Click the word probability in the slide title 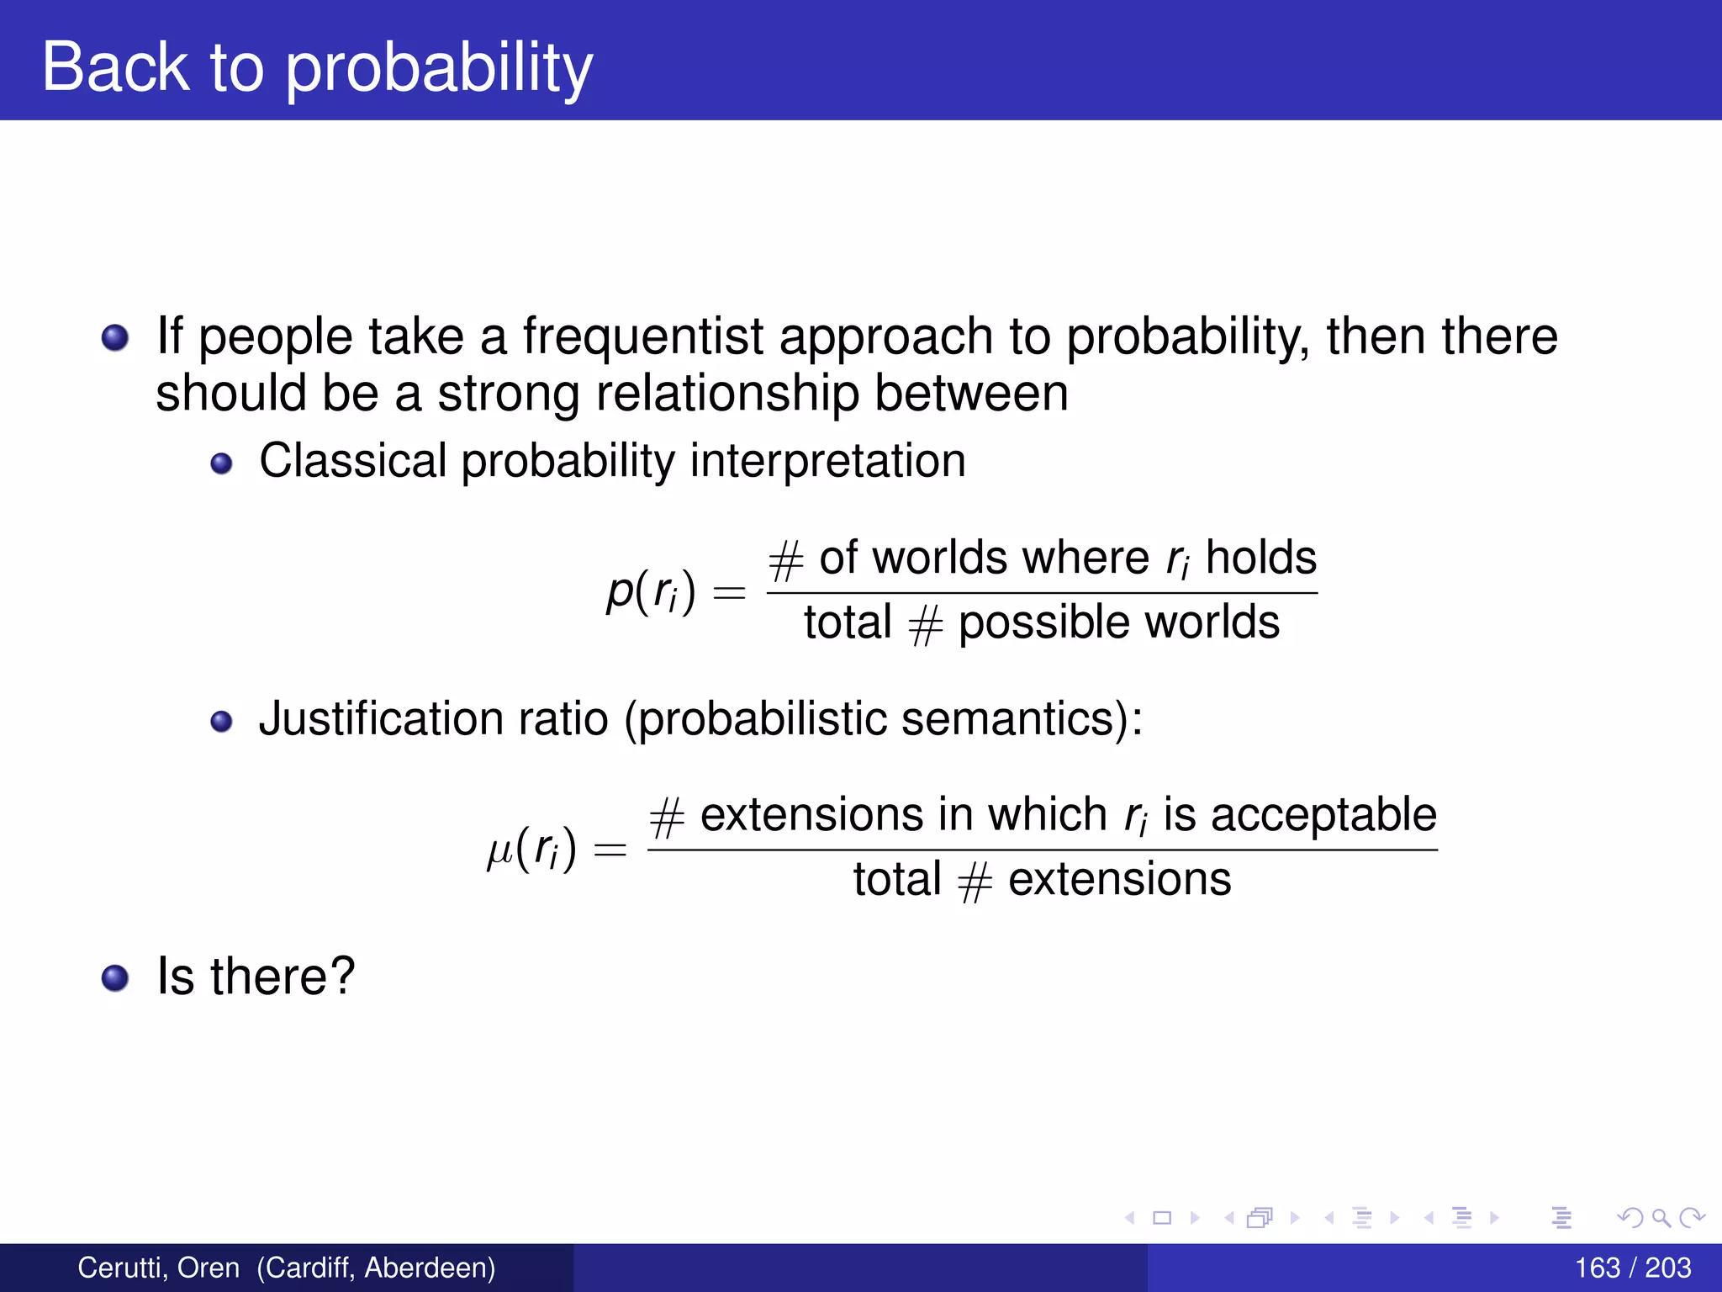tap(439, 69)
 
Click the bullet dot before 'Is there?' tap(115, 977)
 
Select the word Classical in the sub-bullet tap(352, 461)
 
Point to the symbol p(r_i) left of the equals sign tap(651, 591)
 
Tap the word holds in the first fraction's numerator tap(1260, 558)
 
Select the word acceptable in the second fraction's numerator tap(1323, 814)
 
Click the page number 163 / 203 tap(1632, 1268)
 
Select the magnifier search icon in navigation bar tap(1661, 1217)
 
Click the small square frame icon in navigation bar tap(1162, 1217)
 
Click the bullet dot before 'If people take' tap(115, 338)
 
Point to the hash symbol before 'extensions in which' tap(668, 818)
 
